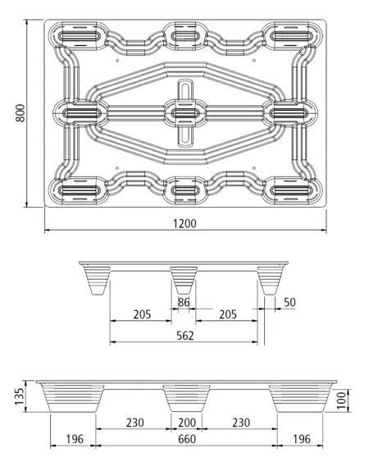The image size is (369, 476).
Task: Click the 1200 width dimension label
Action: click(x=184, y=223)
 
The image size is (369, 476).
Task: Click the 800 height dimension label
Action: click(x=20, y=113)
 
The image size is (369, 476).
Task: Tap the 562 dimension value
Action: click(x=185, y=336)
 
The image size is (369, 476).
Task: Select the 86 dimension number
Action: click(x=184, y=302)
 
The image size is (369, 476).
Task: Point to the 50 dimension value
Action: click(x=289, y=302)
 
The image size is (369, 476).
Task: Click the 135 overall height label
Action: click(x=19, y=396)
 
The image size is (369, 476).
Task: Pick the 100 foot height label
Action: click(x=341, y=400)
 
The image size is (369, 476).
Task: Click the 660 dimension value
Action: click(x=187, y=439)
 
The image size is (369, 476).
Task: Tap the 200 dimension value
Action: click(x=187, y=423)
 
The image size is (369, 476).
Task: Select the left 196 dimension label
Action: click(x=75, y=439)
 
